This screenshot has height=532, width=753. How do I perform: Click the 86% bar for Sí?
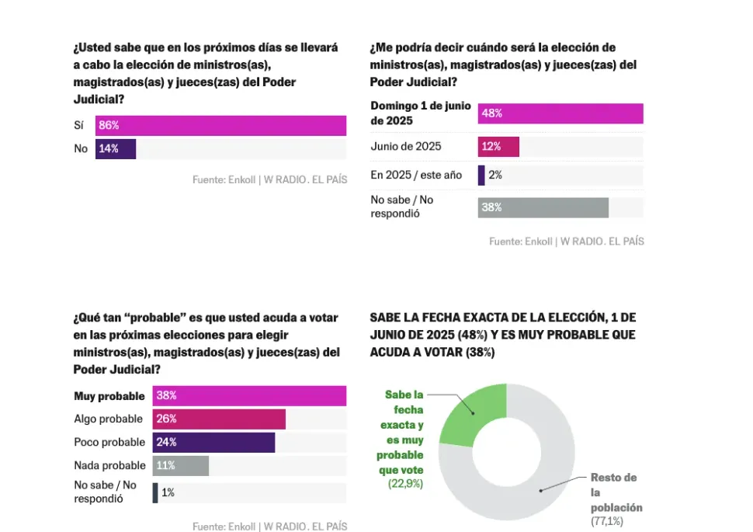coord(220,126)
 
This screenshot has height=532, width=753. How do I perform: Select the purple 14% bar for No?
coord(116,149)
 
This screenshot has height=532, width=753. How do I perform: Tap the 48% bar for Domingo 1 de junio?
coord(560,113)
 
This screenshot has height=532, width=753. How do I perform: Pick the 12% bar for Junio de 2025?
coord(498,147)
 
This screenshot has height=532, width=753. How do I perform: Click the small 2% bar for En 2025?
coord(481,175)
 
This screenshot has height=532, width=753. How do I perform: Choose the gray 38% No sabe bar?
coord(543,207)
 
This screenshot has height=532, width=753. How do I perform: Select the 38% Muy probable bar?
coord(249,395)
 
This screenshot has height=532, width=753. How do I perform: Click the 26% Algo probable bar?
coord(219,419)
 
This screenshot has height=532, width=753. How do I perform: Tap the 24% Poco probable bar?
coord(213,443)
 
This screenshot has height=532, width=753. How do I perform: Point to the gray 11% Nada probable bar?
coord(181,466)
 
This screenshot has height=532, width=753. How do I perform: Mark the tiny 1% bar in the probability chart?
coord(155,492)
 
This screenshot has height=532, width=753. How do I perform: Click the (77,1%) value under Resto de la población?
coord(607,521)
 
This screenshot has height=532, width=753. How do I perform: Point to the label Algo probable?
coord(109,419)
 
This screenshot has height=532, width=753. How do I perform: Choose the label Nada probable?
coord(109,466)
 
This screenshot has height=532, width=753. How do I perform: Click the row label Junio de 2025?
coord(406,147)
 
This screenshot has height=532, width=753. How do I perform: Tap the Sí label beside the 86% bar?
coord(80,126)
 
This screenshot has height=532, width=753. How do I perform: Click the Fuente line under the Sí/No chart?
coord(269,180)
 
